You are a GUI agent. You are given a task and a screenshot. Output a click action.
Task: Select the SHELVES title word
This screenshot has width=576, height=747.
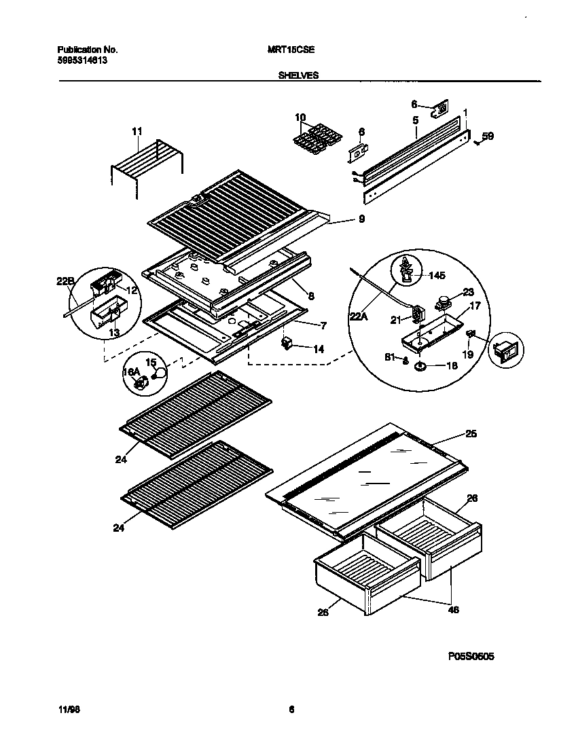(x=298, y=76)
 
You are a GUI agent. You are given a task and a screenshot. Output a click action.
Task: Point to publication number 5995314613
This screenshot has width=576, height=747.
(x=82, y=60)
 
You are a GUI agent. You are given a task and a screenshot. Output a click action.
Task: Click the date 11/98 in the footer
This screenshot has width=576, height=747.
(x=67, y=710)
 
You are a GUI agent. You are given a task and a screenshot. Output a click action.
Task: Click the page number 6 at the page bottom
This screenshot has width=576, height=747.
(x=291, y=710)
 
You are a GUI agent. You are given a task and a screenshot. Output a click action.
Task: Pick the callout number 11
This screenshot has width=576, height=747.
(x=137, y=130)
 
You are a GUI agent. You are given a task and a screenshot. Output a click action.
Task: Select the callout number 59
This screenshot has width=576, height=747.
(x=488, y=136)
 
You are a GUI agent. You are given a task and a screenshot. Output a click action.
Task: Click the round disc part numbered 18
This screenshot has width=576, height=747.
(x=419, y=366)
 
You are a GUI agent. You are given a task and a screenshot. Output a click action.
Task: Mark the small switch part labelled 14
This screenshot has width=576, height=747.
(x=288, y=344)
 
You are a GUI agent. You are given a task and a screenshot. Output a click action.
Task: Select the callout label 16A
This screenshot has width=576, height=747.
(x=130, y=373)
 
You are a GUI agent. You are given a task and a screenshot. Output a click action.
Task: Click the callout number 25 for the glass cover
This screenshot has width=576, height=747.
(x=470, y=434)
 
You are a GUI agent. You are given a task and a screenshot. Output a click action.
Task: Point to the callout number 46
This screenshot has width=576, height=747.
(x=454, y=609)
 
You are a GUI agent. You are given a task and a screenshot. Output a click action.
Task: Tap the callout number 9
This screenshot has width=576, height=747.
(x=361, y=219)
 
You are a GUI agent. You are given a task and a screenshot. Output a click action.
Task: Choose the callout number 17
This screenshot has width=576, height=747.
(x=475, y=306)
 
